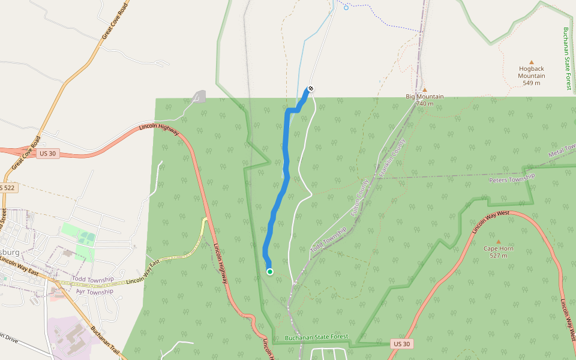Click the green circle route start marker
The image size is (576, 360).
[270, 272]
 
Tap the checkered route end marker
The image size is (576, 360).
[311, 89]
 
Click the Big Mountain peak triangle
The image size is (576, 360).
[425, 89]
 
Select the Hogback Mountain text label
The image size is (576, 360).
[532, 72]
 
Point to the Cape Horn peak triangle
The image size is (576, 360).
[498, 241]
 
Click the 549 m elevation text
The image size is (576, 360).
[532, 83]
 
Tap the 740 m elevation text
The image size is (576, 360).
[425, 104]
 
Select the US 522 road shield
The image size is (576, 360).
[8, 188]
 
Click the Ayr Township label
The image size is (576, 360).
[95, 292]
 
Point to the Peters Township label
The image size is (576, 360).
[511, 179]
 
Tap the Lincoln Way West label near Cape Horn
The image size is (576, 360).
[490, 222]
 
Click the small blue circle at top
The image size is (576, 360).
[346, 7]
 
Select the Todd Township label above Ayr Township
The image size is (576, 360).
[93, 280]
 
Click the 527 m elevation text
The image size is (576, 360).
[498, 256]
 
